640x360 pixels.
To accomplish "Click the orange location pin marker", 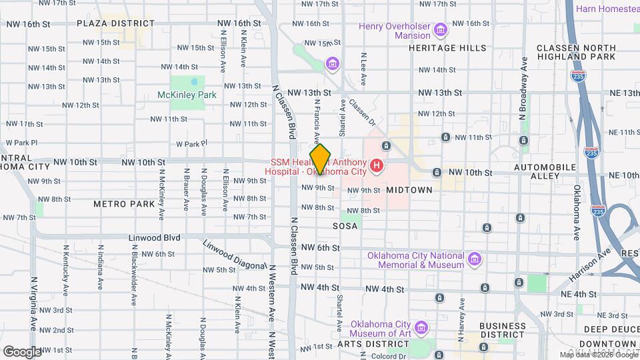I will click(321, 159).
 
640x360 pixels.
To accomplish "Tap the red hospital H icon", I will click(377, 165).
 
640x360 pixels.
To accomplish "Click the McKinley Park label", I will click(187, 95).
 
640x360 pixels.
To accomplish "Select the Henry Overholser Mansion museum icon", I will click(440, 30).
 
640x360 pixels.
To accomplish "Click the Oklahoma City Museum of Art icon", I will click(421, 328).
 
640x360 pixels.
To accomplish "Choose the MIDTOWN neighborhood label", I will click(409, 190).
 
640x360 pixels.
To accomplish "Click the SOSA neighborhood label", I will click(345, 226).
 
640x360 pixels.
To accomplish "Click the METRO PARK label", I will click(124, 203).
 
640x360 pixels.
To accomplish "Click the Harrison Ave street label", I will click(590, 263).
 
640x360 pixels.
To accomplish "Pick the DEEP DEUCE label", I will click(611, 329).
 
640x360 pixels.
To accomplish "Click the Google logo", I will click(21, 351).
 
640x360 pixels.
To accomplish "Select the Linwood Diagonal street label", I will click(234, 257).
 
